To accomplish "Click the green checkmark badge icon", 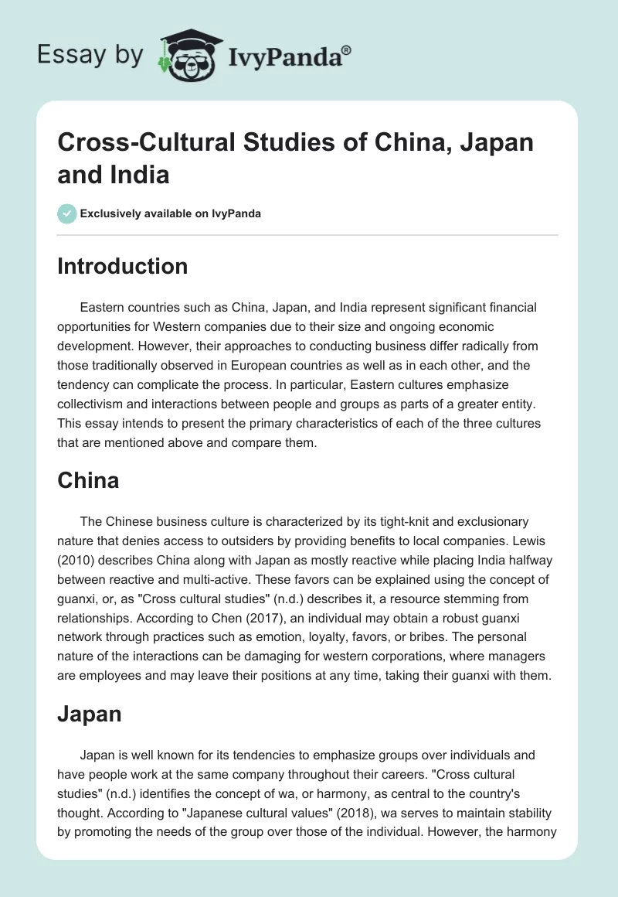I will point(67,213).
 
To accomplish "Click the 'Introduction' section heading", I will point(122,266).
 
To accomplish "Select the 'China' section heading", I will point(88,480).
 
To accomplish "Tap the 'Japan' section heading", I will point(90,714).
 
